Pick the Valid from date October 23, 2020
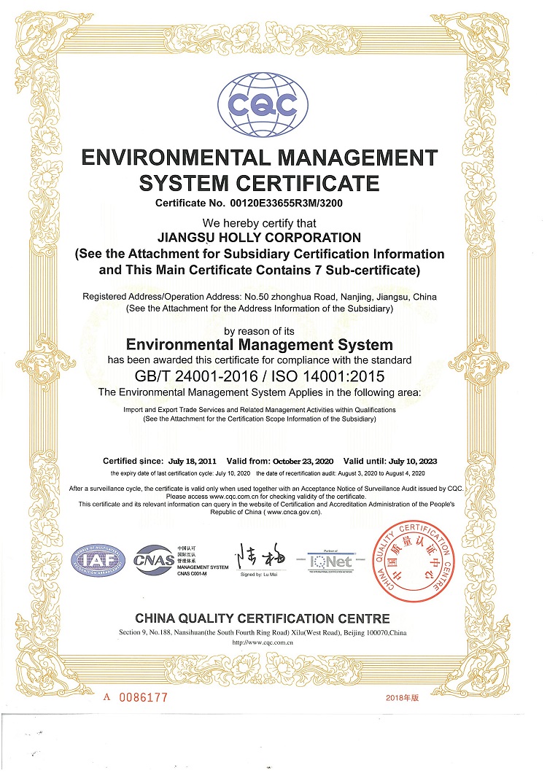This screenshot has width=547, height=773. tap(303, 461)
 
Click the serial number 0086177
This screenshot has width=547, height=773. tap(144, 697)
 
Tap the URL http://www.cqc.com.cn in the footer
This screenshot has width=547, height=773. tap(262, 643)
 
